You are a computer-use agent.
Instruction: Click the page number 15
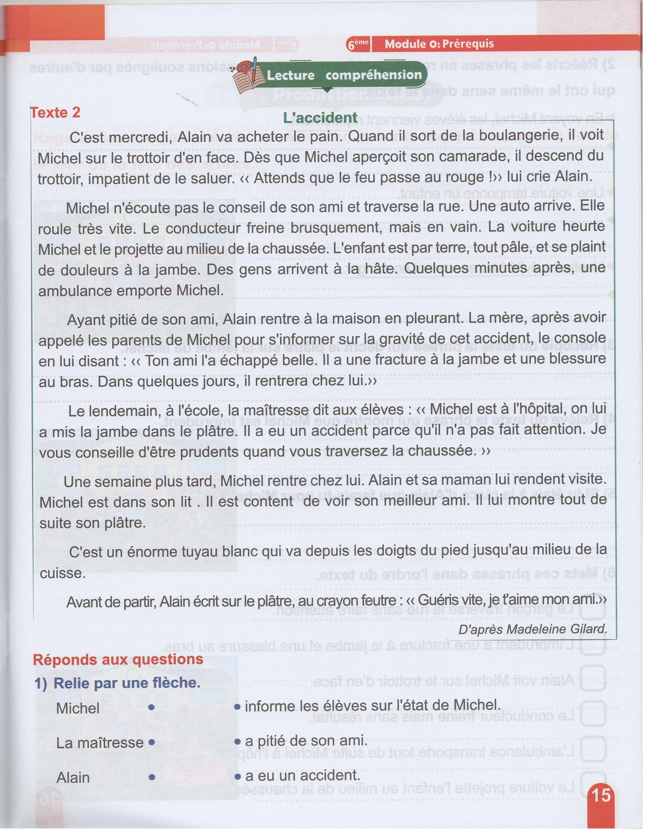pyautogui.click(x=601, y=795)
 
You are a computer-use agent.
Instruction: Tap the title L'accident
pyautogui.click(x=320, y=117)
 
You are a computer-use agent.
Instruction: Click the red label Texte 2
pyautogui.click(x=55, y=112)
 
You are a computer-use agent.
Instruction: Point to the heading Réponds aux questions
pyautogui.click(x=118, y=659)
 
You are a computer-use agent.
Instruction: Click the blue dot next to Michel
pyautogui.click(x=151, y=708)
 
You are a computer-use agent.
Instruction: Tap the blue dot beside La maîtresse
pyautogui.click(x=151, y=742)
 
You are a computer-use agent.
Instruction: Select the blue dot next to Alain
pyautogui.click(x=151, y=777)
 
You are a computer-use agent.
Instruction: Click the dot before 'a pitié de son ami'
pyautogui.click(x=238, y=741)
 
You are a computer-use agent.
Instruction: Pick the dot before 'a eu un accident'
pyautogui.click(x=238, y=775)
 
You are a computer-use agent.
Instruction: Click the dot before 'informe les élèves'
pyautogui.click(x=238, y=706)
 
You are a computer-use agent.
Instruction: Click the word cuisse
pyautogui.click(x=62, y=573)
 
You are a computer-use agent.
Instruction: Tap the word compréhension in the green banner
pyautogui.click(x=373, y=75)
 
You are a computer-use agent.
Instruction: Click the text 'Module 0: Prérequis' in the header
pyautogui.click(x=439, y=44)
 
